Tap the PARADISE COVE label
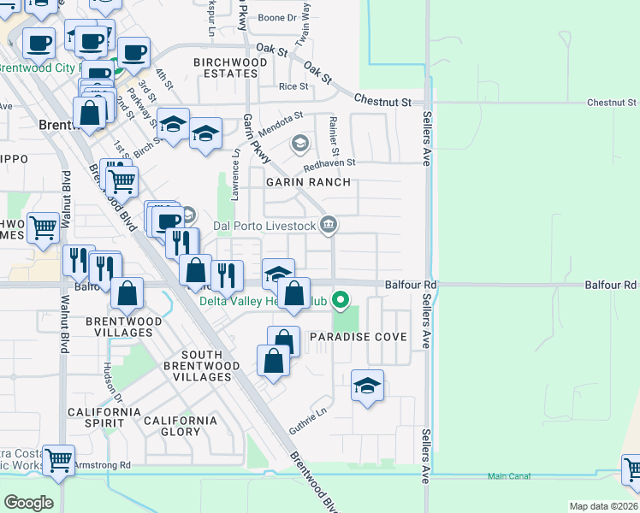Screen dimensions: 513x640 358,337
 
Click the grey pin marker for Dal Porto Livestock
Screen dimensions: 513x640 329,226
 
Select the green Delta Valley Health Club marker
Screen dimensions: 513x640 341,300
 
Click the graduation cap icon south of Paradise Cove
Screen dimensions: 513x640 367,386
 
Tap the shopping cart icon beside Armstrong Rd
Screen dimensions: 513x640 58,460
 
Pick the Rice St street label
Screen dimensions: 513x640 293,86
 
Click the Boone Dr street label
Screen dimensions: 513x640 276,17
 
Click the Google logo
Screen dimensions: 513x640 28,502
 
